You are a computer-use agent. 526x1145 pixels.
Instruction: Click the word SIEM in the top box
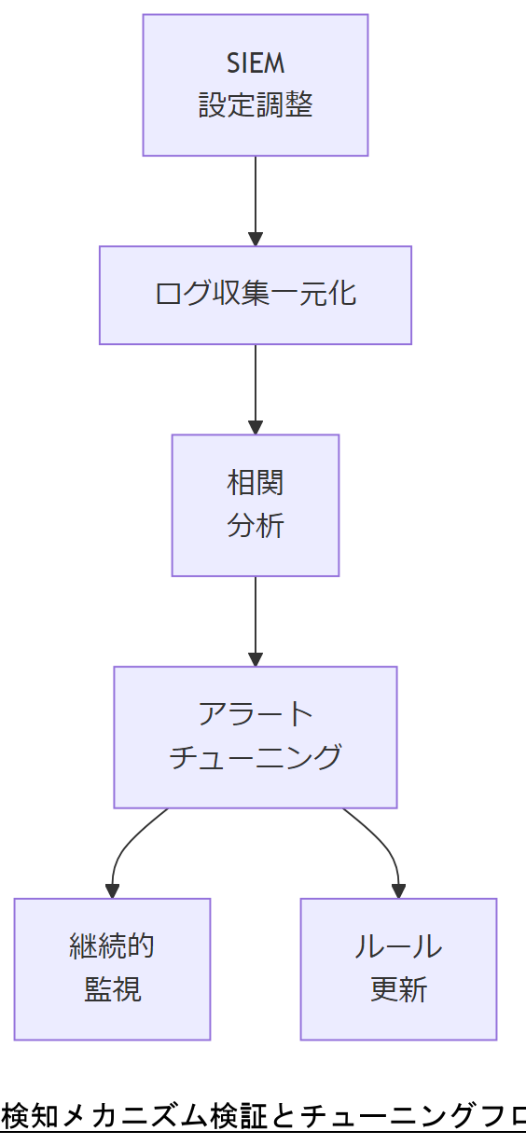tap(255, 63)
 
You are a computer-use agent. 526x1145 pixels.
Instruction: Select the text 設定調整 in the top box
tap(255, 105)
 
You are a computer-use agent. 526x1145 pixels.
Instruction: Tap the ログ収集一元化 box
tap(255, 294)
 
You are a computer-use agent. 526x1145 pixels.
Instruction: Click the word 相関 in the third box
tap(255, 483)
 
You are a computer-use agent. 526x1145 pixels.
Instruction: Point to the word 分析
tap(255, 526)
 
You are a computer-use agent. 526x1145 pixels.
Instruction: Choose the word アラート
tap(255, 714)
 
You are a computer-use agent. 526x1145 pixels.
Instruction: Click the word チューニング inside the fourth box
tap(255, 756)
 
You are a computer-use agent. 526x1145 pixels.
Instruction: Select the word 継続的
tap(112, 946)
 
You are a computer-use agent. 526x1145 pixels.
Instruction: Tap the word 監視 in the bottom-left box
tap(112, 989)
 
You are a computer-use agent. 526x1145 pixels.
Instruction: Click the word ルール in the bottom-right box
tap(398, 946)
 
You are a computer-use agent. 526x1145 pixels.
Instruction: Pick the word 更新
tap(398, 989)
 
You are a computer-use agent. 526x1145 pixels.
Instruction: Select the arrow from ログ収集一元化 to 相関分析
tap(256, 384)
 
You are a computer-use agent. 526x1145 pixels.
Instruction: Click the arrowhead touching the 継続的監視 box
tap(113, 891)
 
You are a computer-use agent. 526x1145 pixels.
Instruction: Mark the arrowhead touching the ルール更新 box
tap(398, 891)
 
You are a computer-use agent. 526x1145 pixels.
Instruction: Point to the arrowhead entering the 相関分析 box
tap(256, 427)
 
